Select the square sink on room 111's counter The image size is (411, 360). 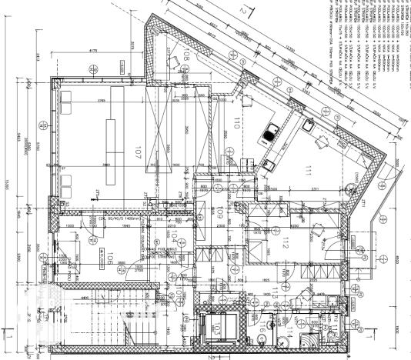305,125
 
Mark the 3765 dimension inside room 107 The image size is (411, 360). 99,101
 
